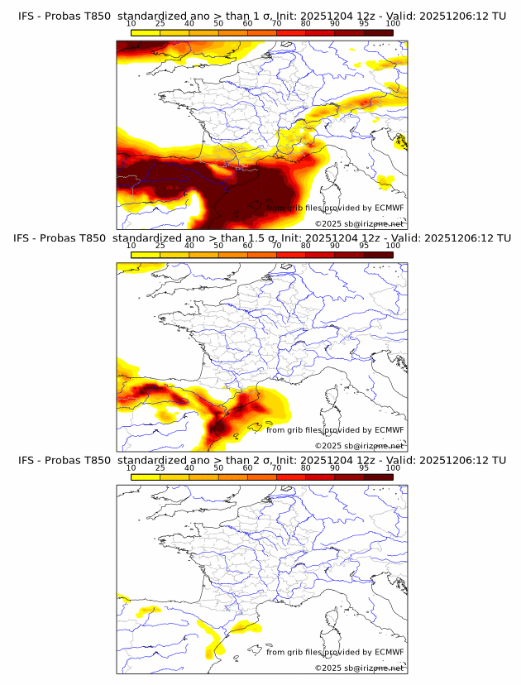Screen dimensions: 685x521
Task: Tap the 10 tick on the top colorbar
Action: click(131, 23)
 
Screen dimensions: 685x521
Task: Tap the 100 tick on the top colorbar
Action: click(393, 23)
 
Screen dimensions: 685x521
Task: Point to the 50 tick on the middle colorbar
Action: click(218, 246)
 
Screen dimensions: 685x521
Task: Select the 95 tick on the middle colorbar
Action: click(364, 246)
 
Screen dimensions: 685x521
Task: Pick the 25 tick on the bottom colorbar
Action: click(160, 467)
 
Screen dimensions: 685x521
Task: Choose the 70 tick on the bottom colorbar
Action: click(277, 467)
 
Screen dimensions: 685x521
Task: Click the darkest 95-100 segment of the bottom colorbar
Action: click(378, 477)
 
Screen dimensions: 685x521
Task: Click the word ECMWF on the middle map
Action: click(389, 429)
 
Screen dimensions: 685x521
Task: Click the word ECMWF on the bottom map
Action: click(389, 652)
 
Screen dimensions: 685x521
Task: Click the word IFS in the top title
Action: click(26, 16)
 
